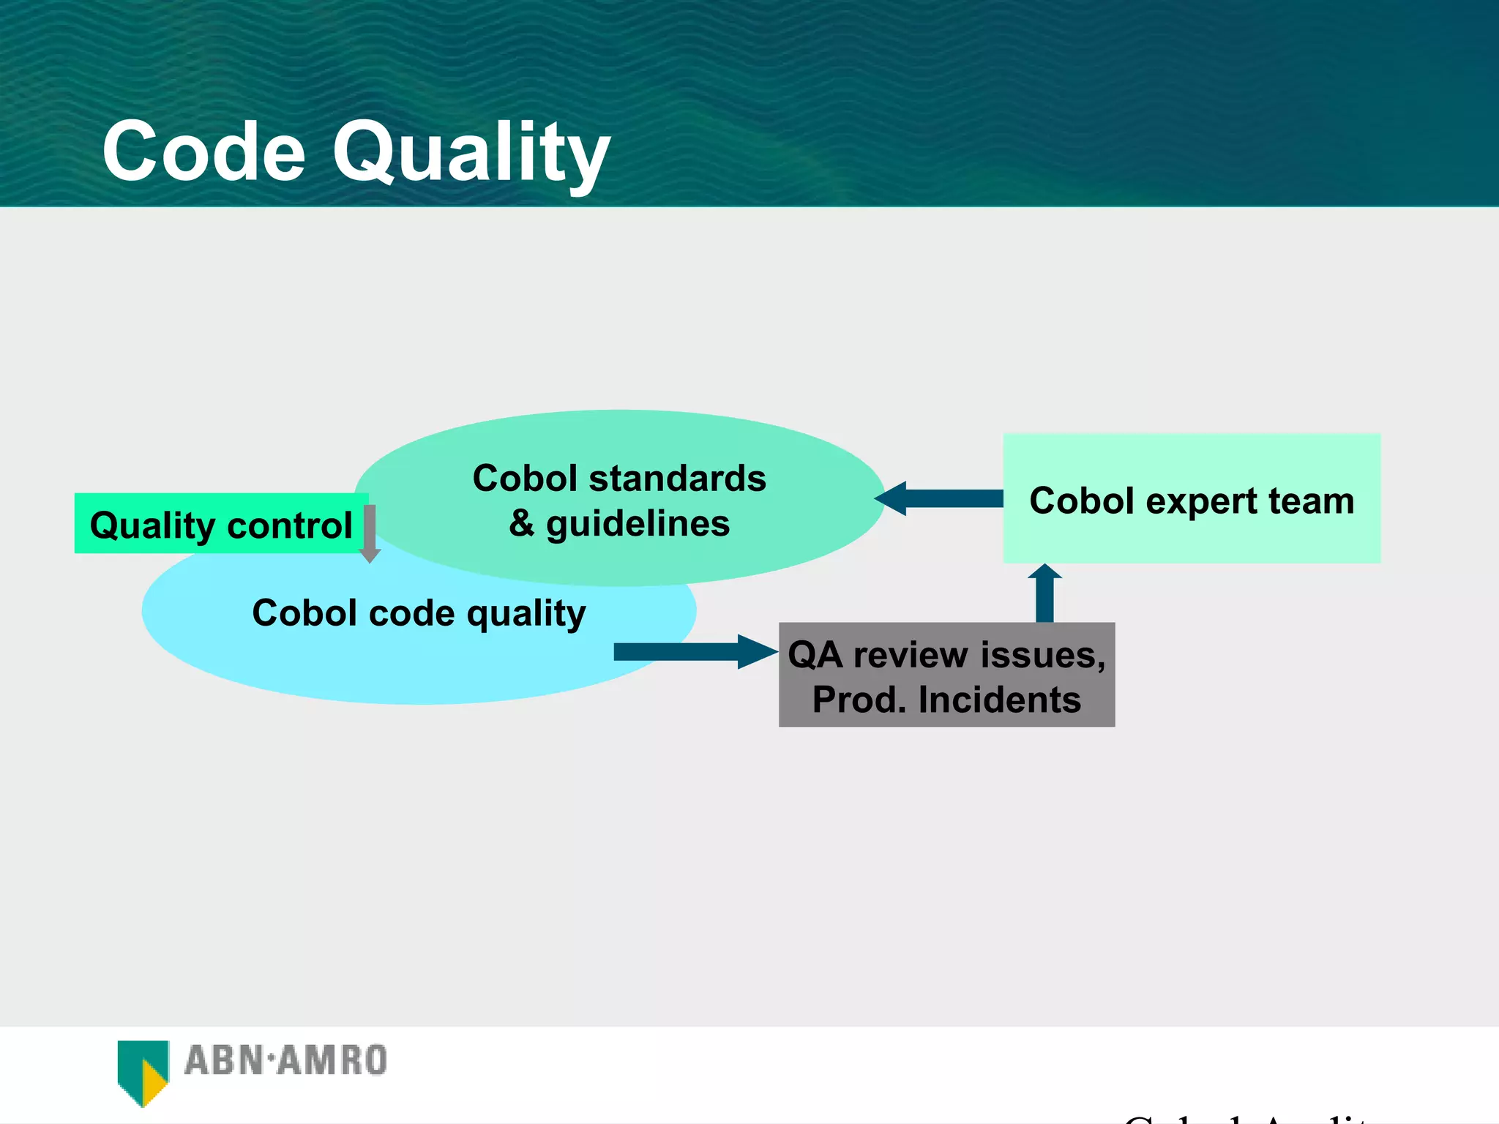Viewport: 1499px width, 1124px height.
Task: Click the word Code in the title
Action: [x=203, y=152]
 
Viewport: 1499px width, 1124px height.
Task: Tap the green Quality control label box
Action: [x=220, y=524]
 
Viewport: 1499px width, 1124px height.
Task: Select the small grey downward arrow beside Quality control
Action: [x=370, y=534]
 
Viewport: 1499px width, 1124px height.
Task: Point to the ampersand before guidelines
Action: [x=522, y=523]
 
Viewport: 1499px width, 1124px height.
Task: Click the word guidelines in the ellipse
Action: [x=638, y=525]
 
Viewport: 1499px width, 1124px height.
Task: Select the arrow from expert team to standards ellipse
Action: [x=940, y=498]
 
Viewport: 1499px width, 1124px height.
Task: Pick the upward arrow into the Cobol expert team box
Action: [x=1044, y=593]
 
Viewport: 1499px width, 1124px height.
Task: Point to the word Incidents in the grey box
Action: [x=999, y=700]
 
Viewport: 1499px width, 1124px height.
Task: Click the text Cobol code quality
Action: [x=419, y=613]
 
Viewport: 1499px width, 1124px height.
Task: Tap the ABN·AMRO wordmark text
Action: [x=285, y=1060]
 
